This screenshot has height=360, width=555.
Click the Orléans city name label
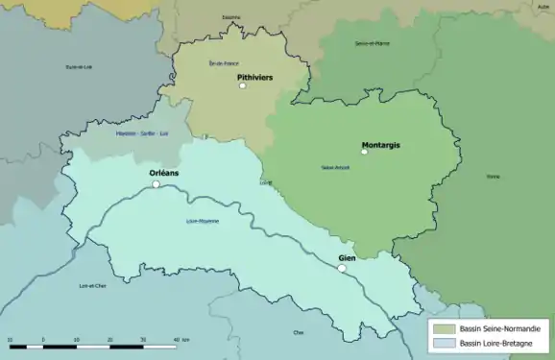pos(164,174)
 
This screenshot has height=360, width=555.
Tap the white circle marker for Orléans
pos(156,184)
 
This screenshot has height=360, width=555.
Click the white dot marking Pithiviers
pos(243,86)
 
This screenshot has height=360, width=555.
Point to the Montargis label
pos(380,145)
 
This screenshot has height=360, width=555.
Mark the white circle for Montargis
pos(364,152)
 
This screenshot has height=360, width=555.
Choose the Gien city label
pos(347,259)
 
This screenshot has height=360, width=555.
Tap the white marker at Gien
pos(341,269)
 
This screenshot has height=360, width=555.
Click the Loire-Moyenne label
pos(202,222)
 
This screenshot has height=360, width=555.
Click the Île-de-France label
pos(223,63)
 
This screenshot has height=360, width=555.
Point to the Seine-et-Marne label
pos(371,43)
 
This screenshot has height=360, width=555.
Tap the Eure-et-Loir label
pos(79,66)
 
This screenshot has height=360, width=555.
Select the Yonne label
pos(493,177)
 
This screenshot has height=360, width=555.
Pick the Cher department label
pos(298,333)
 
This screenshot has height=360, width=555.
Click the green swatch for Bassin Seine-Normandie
pos(444,328)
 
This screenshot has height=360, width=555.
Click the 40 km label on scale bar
pos(180,340)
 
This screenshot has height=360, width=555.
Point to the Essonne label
pos(230,17)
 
